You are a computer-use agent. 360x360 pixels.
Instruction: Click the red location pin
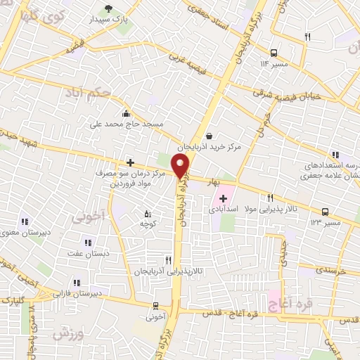coord(181,166)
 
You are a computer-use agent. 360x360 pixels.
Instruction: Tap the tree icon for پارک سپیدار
coord(108,8)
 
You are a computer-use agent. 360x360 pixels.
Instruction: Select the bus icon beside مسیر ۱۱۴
coord(273,52)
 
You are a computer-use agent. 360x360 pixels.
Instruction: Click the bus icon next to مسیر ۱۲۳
coord(325,211)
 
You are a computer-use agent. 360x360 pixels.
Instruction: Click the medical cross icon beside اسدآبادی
coord(223,199)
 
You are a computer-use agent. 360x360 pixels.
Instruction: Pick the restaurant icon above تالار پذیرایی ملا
coord(270,198)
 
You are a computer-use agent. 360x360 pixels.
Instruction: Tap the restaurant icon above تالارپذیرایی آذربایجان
coord(167,259)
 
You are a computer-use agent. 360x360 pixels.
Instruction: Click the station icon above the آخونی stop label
coord(156,305)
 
